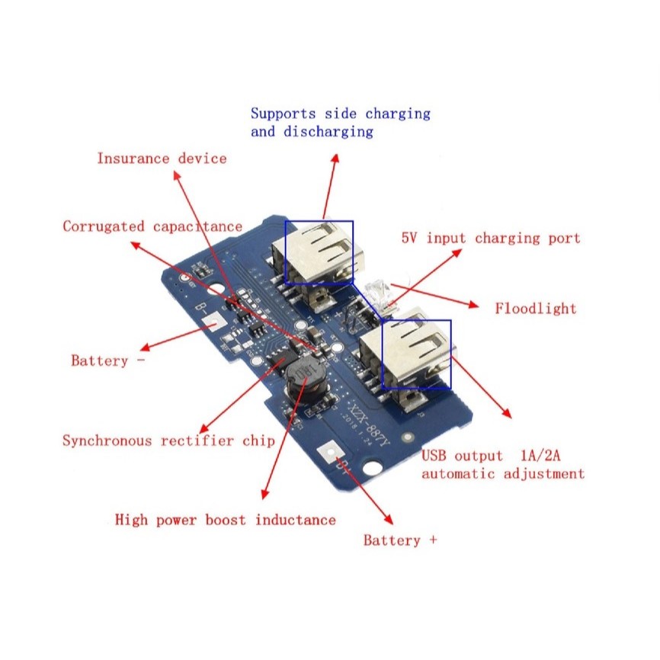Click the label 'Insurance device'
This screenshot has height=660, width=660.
(x=162, y=159)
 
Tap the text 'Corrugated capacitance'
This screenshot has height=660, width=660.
(x=152, y=226)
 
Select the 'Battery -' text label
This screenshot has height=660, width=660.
(x=107, y=360)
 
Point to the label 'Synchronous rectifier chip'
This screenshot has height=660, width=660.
(x=168, y=441)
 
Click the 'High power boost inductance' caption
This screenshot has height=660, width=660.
(x=225, y=520)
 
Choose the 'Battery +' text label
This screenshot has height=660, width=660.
(x=400, y=540)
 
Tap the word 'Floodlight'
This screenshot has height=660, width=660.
(x=536, y=309)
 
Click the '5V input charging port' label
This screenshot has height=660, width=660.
(x=491, y=238)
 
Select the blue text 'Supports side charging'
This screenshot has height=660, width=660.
(x=341, y=114)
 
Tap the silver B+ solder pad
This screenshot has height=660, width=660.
(x=332, y=454)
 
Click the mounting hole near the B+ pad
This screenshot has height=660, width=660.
(x=373, y=467)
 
